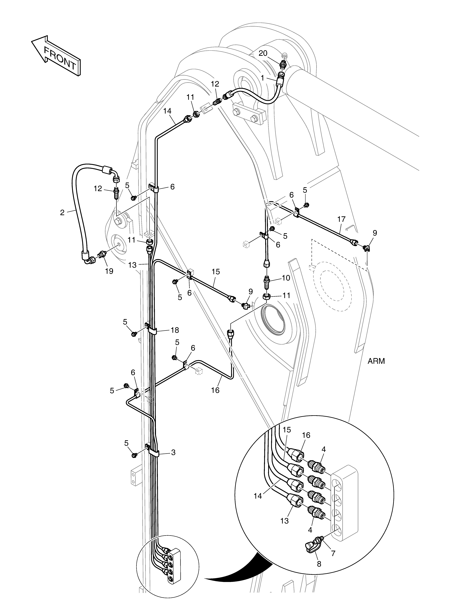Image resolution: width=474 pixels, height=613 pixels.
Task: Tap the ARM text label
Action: pyautogui.click(x=376, y=361)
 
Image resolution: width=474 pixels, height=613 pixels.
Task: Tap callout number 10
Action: pyautogui.click(x=286, y=278)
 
